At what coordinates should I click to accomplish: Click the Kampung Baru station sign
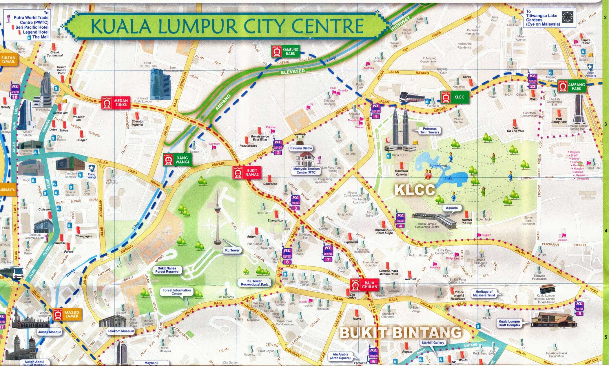point(285,52)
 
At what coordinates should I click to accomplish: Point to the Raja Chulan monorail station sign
point(364,285)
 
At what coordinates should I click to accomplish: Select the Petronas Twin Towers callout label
point(429,130)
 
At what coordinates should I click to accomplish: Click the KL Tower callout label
point(232,250)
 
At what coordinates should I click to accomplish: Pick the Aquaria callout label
point(451,208)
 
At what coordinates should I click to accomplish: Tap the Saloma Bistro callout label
point(301,148)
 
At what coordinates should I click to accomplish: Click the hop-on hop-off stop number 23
point(532,81)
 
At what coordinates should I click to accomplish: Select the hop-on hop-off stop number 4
point(400,221)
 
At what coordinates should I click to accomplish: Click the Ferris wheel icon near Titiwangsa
point(565,17)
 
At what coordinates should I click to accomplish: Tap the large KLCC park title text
point(414,190)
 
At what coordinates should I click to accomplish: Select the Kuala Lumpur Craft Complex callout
point(509,323)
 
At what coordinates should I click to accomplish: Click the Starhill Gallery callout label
point(433,343)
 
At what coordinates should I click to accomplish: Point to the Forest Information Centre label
point(176,292)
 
